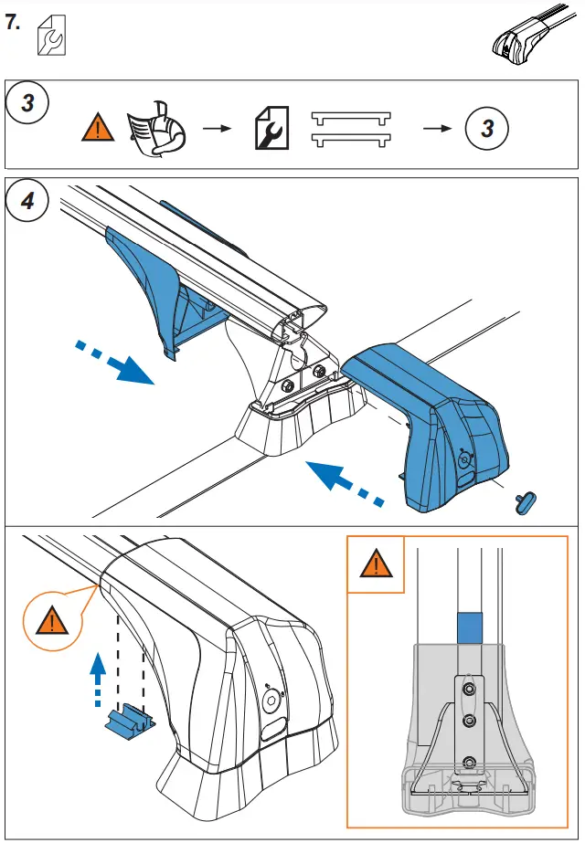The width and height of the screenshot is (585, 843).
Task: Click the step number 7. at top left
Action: click(14, 23)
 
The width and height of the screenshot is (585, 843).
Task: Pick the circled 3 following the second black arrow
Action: click(486, 129)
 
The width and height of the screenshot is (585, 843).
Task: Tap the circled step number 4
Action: click(28, 201)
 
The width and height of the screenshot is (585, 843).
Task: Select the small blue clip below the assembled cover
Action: click(129, 719)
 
